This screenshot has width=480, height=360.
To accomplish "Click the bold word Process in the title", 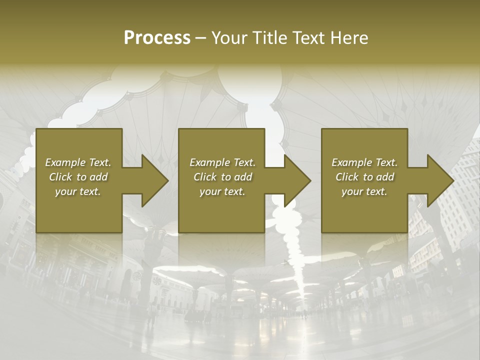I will pos(157,38).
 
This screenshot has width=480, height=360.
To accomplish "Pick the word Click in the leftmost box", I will pos(60,177).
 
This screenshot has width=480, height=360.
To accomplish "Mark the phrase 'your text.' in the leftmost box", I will pos(78,191).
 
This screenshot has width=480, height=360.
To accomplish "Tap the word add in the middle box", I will pos(243,177).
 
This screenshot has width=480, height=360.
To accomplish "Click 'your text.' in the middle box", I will pos(222,191).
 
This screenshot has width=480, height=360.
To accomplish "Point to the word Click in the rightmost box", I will pos(347,177).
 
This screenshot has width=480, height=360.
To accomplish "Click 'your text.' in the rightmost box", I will pos(364,191).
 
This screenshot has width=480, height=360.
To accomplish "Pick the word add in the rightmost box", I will pos(385,177).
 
